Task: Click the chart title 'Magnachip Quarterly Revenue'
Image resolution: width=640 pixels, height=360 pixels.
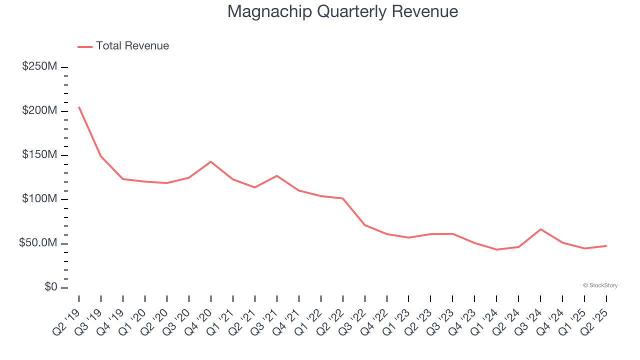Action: tap(342, 11)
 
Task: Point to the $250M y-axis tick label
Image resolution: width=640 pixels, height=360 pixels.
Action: tap(39, 66)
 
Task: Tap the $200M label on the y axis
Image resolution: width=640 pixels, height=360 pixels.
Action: tap(39, 110)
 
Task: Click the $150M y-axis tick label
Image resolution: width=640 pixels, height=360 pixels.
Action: tap(39, 155)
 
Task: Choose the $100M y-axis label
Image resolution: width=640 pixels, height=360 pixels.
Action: tap(39, 199)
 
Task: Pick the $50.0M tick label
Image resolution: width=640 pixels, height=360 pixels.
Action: tap(38, 243)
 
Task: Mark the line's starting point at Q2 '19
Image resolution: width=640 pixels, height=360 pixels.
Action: tap(79, 107)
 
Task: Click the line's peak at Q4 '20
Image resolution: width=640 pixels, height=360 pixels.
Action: tap(211, 161)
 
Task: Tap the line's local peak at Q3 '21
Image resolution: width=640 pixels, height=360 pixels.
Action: tap(277, 175)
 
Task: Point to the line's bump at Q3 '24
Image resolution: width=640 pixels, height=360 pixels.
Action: tap(540, 229)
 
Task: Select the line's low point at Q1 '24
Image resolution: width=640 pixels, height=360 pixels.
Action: tap(496, 249)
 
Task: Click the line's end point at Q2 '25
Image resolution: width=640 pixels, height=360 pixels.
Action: tap(606, 245)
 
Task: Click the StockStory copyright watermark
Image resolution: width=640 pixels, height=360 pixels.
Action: tap(600, 285)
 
